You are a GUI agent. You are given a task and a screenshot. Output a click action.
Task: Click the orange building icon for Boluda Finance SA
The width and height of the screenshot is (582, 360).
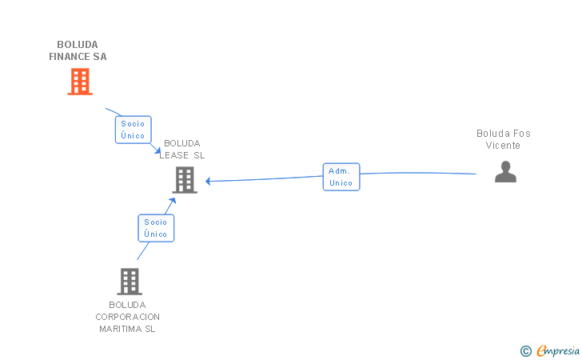pyautogui.click(x=79, y=82)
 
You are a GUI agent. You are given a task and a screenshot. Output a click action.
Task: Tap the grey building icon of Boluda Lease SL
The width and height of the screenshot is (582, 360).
pyautogui.click(x=185, y=180)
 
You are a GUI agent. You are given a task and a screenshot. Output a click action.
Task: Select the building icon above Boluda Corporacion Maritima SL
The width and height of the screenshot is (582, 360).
pyautogui.click(x=130, y=282)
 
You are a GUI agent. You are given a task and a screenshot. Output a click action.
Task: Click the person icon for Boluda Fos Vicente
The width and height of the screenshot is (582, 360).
pyautogui.click(x=505, y=172)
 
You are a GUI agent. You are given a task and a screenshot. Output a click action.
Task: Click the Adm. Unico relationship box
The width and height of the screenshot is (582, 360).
pyautogui.click(x=341, y=177)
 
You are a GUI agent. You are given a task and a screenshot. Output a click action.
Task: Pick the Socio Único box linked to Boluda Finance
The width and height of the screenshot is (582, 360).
pyautogui.click(x=133, y=130)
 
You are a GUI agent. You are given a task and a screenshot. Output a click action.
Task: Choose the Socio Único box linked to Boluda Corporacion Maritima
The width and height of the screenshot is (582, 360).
pyautogui.click(x=156, y=228)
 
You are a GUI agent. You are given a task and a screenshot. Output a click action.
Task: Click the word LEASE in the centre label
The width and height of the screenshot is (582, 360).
pyautogui.click(x=175, y=155)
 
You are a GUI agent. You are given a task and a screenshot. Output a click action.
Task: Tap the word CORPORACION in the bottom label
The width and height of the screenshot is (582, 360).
pyautogui.click(x=128, y=317)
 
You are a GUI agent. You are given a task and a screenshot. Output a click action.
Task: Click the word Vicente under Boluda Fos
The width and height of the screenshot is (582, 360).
pyautogui.click(x=503, y=146)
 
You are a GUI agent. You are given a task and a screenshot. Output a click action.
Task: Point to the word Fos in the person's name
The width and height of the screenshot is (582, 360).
pyautogui.click(x=522, y=134)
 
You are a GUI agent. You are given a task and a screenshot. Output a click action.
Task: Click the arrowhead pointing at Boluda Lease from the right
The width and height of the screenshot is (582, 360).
pyautogui.click(x=208, y=181)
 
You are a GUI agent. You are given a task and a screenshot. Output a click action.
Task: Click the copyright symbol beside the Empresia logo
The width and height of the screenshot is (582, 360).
pyautogui.click(x=525, y=350)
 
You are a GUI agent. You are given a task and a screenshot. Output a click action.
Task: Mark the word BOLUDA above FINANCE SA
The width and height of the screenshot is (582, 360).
pyautogui.click(x=77, y=45)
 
